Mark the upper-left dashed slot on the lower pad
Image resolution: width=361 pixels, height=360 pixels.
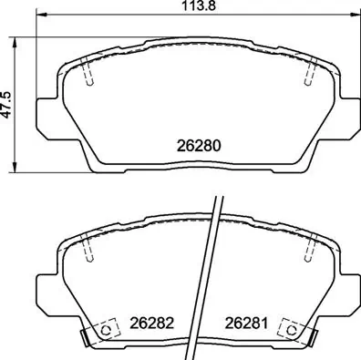tap(88, 245)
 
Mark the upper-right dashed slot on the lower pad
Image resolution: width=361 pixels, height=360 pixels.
tap(309, 245)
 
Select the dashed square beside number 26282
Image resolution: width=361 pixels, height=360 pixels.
tap(106, 328)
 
